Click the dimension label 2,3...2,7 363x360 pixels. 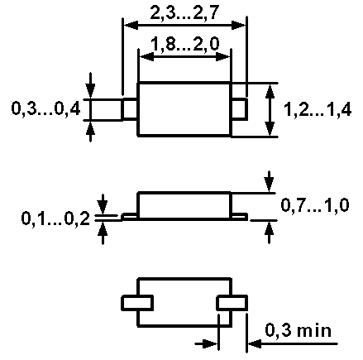(184, 12)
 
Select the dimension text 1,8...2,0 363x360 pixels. (185, 44)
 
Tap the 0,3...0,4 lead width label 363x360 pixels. (45, 108)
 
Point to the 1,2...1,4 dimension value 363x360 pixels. (318, 109)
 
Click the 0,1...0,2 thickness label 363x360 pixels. (55, 218)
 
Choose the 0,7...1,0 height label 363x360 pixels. (315, 205)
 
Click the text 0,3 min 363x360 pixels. (299, 329)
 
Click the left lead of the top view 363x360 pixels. (130, 109)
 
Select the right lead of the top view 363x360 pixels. (239, 109)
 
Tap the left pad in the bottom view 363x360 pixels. (137, 303)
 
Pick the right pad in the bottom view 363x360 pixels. (232, 303)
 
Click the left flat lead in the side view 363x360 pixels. (130, 217)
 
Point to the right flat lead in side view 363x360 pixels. (239, 217)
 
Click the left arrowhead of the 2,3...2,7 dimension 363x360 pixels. (131, 26)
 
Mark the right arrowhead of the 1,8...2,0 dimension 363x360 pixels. (222, 57)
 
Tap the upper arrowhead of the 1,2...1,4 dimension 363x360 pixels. (270, 92)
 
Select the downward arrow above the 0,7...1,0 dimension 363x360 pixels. (269, 181)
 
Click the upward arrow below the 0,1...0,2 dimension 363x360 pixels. (103, 233)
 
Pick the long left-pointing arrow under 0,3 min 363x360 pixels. (293, 343)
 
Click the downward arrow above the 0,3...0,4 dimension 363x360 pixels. (90, 85)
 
